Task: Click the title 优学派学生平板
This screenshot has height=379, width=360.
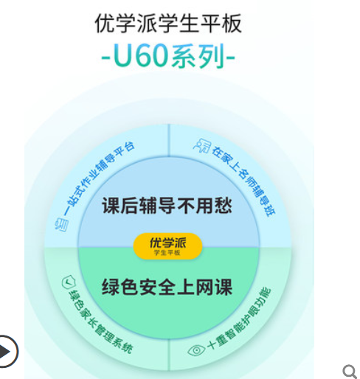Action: click(168, 23)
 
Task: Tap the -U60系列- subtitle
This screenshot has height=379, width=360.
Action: click(168, 56)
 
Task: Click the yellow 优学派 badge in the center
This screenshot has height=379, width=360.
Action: click(167, 246)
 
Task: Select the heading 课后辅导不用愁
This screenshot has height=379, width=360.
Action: click(167, 206)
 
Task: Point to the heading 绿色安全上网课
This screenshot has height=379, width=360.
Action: click(167, 287)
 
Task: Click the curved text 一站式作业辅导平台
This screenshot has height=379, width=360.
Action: click(97, 178)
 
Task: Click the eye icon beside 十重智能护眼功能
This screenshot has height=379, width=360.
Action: click(196, 350)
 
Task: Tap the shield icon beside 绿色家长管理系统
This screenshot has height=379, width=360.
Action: click(69, 282)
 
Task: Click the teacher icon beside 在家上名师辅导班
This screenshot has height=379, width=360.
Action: click(202, 145)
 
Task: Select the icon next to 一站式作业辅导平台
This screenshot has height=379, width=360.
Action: click(61, 224)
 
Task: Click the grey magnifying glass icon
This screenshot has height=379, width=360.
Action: click(350, 372)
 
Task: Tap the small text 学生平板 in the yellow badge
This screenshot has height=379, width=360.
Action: click(167, 253)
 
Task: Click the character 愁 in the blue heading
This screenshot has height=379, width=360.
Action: click(224, 206)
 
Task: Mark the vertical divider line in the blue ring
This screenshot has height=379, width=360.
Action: click(169, 140)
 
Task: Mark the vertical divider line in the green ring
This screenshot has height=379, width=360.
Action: click(169, 355)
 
